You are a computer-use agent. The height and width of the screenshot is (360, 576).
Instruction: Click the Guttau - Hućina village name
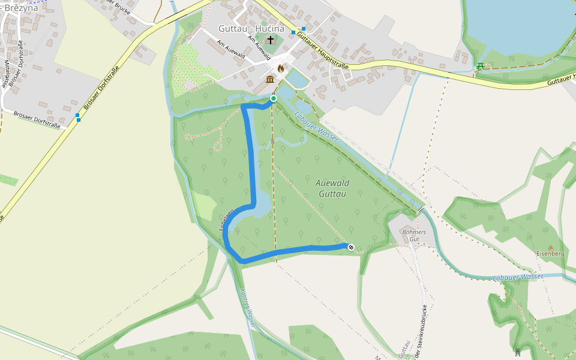[251, 28]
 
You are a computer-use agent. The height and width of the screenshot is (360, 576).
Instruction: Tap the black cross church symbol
[271, 40]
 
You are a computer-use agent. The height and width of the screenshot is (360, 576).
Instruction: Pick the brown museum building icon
[270, 80]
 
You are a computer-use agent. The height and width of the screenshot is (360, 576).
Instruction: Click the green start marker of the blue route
[274, 98]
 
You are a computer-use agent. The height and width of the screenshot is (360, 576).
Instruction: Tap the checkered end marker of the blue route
[350, 247]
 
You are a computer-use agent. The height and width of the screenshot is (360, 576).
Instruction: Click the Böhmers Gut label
[414, 235]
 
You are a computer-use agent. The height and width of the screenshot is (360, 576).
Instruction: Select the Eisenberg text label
[550, 254]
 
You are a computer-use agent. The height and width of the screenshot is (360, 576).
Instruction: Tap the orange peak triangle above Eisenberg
[550, 246]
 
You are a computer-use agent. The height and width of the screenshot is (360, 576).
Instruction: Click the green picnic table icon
[480, 66]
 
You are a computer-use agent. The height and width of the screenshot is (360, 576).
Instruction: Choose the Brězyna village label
[20, 8]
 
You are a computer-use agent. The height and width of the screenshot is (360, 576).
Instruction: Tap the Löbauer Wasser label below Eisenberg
[517, 277]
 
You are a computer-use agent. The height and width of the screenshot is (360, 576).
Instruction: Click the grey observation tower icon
[518, 352]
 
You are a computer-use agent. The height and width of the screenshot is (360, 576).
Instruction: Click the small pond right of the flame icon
[295, 78]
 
